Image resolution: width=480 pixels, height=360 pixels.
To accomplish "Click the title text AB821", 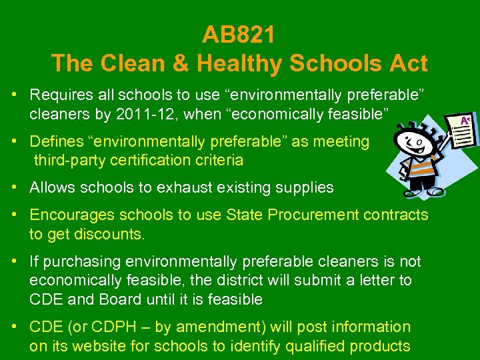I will point(239,34).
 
